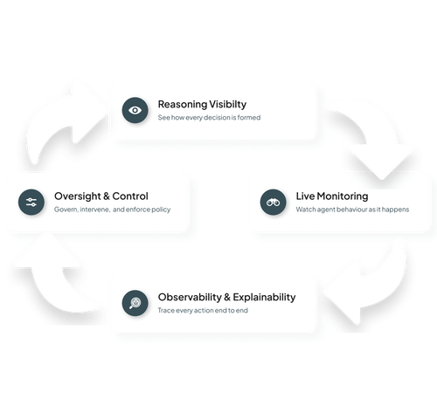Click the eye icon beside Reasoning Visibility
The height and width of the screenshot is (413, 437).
coord(134,110)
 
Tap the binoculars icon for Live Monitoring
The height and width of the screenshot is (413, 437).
coord(271,202)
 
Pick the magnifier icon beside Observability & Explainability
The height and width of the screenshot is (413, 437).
coord(135,302)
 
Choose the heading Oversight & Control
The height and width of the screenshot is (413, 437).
coord(101,196)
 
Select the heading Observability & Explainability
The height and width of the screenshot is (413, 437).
coord(226,297)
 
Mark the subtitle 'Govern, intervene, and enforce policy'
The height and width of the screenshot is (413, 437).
coord(112,210)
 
